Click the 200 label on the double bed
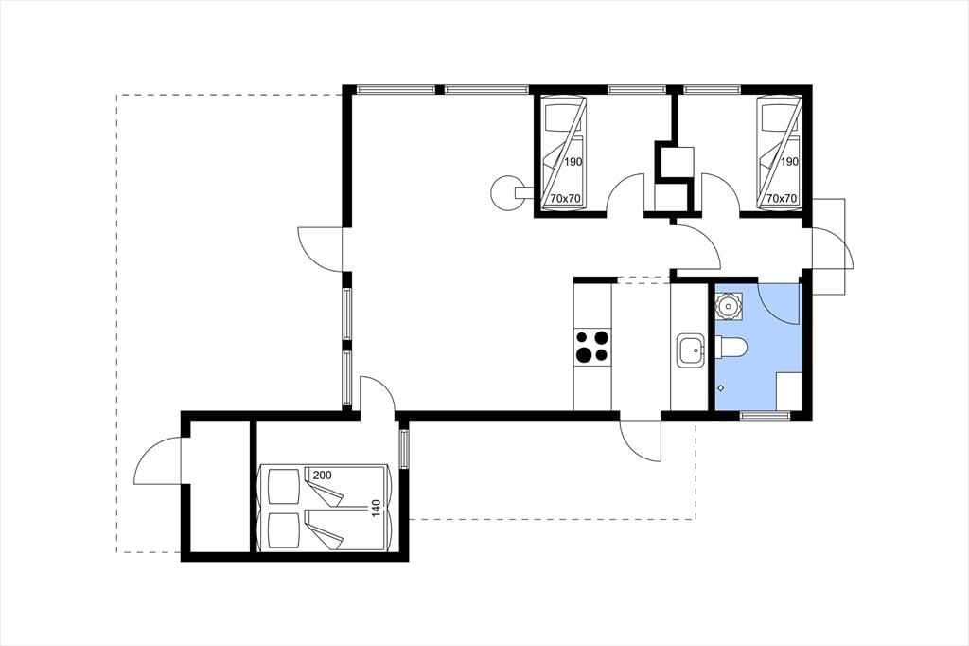tap(322, 476)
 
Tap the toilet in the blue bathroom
tap(731, 348)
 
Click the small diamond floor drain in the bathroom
tap(720, 388)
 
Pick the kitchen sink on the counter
tap(691, 350)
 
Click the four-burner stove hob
tap(592, 346)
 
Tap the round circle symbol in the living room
tap(506, 192)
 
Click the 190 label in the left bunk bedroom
tap(573, 162)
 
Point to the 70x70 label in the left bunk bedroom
tap(566, 199)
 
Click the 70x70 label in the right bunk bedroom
tap(782, 199)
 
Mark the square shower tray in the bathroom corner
tap(789, 391)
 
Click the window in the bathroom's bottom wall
tap(765, 415)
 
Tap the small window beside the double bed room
tap(404, 449)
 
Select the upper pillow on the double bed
tap(283, 486)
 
